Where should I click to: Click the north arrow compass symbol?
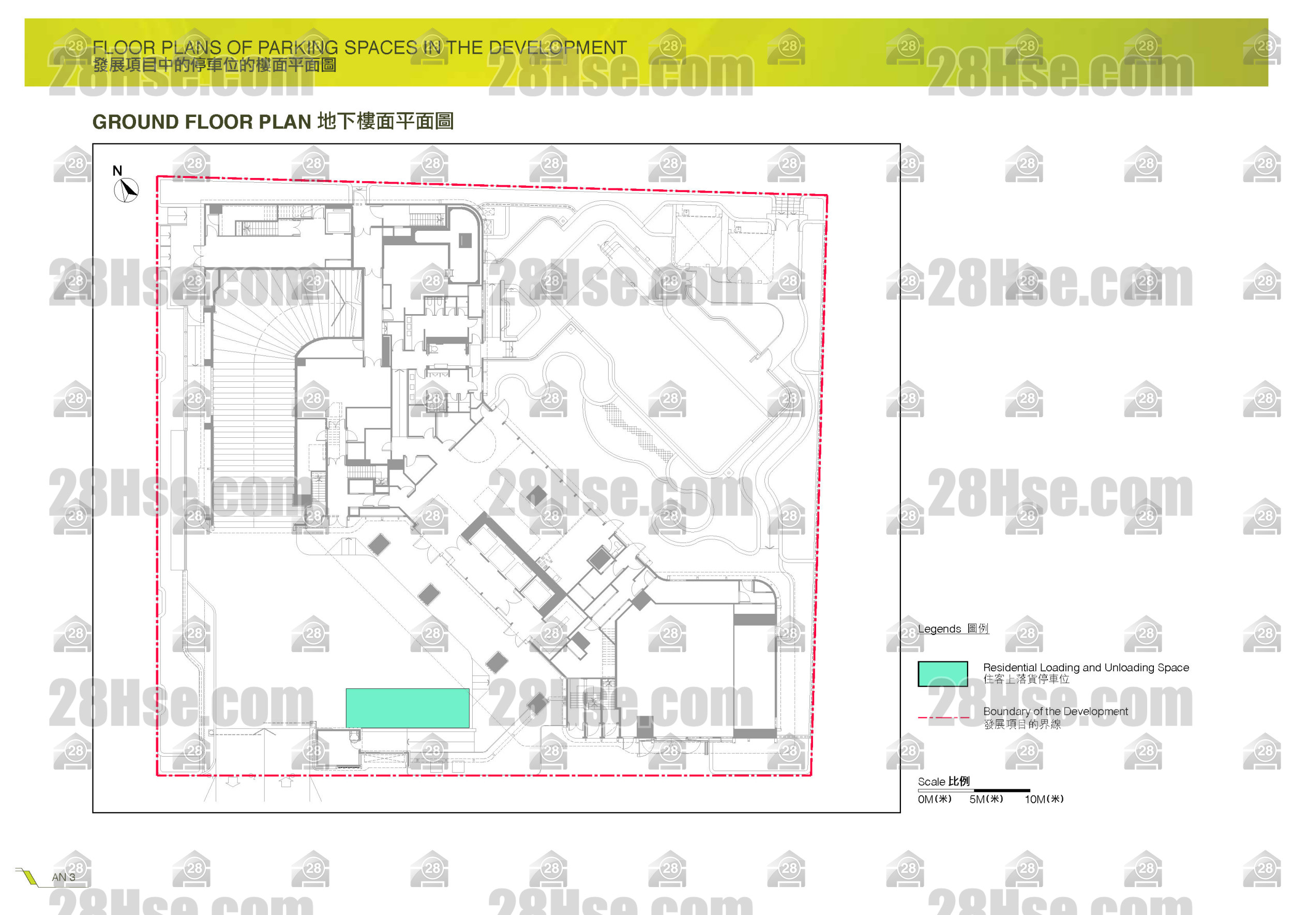tap(126, 190)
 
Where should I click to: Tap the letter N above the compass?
tap(117, 170)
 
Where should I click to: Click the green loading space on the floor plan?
tap(407, 707)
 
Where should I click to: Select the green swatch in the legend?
tap(942, 673)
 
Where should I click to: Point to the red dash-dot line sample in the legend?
tap(943, 717)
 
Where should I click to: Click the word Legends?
tap(939, 629)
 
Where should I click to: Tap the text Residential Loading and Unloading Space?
tap(1085, 667)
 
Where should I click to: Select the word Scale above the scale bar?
tap(931, 781)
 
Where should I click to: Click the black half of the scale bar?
tap(1001, 790)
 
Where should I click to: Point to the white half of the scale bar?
tap(945, 790)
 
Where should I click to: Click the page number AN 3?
tap(63, 877)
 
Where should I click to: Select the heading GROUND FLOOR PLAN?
tap(202, 122)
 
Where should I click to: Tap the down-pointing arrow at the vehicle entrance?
tap(233, 781)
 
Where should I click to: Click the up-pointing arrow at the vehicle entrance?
tap(286, 781)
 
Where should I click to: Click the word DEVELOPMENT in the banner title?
tap(557, 48)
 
